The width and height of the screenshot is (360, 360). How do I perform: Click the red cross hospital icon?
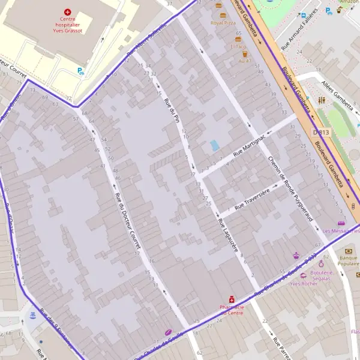(x=67, y=11)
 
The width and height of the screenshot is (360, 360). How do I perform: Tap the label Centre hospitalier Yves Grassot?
(x=67, y=25)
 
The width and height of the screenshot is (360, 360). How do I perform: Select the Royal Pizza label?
(x=223, y=23)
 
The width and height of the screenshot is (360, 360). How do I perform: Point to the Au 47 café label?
(x=244, y=61)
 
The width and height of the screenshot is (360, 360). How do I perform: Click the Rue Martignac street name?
(x=249, y=148)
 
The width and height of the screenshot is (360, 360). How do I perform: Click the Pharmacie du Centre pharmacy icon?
(x=231, y=299)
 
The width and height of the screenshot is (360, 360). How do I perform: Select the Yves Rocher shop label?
(x=303, y=283)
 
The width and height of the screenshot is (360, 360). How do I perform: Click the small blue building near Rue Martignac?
(x=215, y=145)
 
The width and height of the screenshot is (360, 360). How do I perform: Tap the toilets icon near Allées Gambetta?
(x=322, y=100)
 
